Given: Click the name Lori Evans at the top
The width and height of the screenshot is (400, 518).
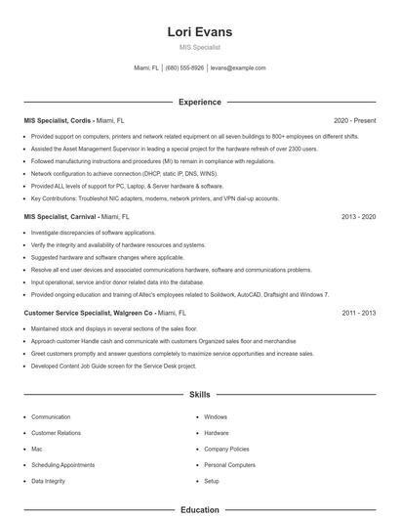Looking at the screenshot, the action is (x=200, y=31).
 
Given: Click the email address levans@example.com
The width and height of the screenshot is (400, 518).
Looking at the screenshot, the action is (x=238, y=68).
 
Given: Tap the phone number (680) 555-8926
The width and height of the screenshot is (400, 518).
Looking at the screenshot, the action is (x=184, y=68).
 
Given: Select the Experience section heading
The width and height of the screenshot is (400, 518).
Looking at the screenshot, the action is (x=200, y=102).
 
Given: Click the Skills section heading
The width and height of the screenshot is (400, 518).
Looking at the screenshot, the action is (x=200, y=395).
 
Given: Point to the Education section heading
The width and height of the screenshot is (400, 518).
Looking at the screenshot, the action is (x=200, y=509).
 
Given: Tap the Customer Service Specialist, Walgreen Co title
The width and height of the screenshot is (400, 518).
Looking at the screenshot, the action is (x=89, y=312).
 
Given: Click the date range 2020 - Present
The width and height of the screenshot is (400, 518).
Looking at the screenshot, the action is (x=354, y=120).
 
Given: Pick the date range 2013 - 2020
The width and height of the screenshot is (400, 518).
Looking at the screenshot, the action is (x=359, y=216).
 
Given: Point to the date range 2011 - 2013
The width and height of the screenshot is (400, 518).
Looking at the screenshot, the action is (x=359, y=312).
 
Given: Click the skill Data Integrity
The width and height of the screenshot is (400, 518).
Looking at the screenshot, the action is (x=50, y=481).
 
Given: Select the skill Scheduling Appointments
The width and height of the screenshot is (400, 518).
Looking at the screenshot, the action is (x=62, y=465).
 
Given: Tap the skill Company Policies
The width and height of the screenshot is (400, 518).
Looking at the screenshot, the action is (x=227, y=449).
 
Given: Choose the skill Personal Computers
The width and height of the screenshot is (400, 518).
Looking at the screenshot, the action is (x=229, y=465).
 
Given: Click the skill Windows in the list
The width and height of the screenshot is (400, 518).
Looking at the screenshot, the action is (x=216, y=416).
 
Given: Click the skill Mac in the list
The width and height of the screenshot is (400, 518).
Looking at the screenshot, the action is (x=37, y=449).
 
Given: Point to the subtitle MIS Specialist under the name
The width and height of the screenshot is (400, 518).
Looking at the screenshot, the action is (x=200, y=47).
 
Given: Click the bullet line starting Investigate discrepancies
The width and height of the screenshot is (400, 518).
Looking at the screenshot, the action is (x=93, y=233).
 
